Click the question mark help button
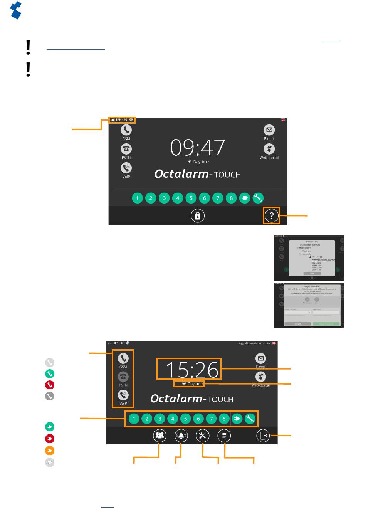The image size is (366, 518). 272,215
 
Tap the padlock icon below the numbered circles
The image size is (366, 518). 198,215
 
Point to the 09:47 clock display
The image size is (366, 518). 198,147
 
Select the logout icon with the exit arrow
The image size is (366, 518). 263,436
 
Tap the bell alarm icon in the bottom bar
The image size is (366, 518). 181,436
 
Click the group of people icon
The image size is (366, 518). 159,436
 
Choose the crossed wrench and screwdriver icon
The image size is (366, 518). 203,436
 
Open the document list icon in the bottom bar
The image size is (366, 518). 224,436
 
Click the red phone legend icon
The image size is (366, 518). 50,385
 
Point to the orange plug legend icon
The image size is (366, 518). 50,451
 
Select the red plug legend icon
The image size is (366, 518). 50,439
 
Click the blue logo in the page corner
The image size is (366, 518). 16,10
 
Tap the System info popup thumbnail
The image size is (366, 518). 309,258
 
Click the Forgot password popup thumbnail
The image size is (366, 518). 309,305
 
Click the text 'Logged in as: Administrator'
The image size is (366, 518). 254,343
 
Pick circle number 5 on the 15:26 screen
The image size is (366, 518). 185,419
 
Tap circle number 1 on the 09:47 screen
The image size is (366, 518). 137,198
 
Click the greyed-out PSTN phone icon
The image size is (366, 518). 123,377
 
